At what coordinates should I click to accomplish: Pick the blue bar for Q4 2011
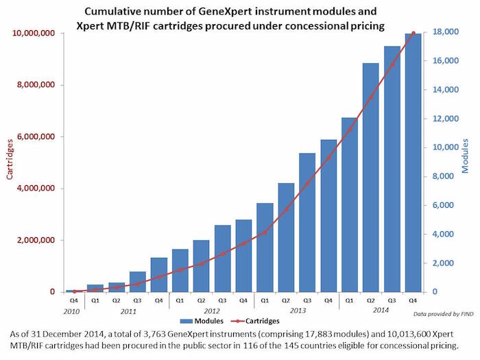158,274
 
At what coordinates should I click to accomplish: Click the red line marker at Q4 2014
413,33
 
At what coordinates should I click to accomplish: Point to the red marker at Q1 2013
265,232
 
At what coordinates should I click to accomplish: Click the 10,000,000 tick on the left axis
38,33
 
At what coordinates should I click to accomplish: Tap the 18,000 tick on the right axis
445,33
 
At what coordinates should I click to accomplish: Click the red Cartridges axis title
10,162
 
